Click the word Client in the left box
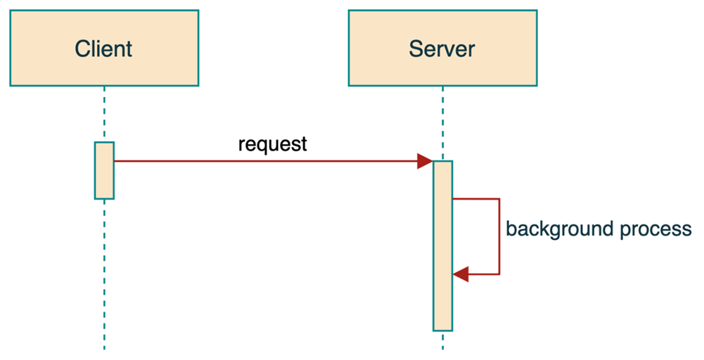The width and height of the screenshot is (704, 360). tap(103, 49)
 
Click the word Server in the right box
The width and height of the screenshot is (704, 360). tap(442, 49)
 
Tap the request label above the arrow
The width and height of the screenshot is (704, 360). tap(273, 146)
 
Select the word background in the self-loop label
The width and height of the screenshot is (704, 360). tap(558, 229)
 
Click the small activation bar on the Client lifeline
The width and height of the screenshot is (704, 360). tap(104, 170)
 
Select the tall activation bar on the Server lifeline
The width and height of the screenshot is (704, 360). tap(442, 246)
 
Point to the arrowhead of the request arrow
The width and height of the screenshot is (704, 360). tap(425, 161)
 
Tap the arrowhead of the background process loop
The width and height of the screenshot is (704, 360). tap(461, 274)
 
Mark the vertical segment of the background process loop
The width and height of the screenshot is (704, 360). tap(499, 236)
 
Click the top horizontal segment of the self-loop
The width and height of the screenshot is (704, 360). tap(476, 199)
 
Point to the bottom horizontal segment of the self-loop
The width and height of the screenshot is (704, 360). tap(484, 274)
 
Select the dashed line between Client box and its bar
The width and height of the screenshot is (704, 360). tap(104, 114)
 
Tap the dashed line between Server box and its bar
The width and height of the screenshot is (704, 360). tap(442, 123)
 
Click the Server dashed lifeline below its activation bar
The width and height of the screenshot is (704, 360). tap(442, 341)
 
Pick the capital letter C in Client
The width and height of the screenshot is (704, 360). tap(82, 49)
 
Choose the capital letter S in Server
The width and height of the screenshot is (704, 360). tap(416, 49)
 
